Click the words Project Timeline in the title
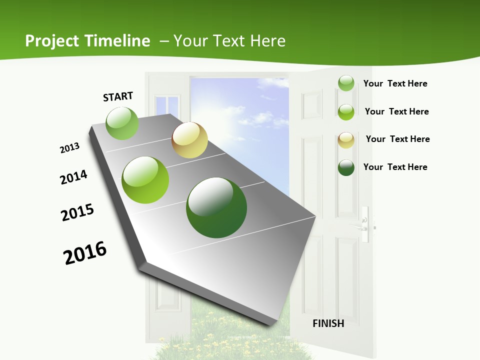(x=87, y=41)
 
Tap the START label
(x=118, y=96)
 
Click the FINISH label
(x=328, y=323)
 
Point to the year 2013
(x=69, y=148)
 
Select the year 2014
(x=73, y=177)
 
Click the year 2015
(x=77, y=212)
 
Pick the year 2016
(x=85, y=253)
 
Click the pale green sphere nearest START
(x=122, y=123)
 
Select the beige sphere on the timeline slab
(x=189, y=140)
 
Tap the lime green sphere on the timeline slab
(x=145, y=180)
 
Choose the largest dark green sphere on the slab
(x=216, y=207)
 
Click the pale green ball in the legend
(x=346, y=83)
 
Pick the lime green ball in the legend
(x=346, y=112)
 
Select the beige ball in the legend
(x=346, y=140)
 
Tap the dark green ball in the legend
(x=346, y=167)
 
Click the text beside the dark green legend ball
(x=395, y=167)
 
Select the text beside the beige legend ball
(x=397, y=139)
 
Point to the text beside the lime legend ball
(x=396, y=111)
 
